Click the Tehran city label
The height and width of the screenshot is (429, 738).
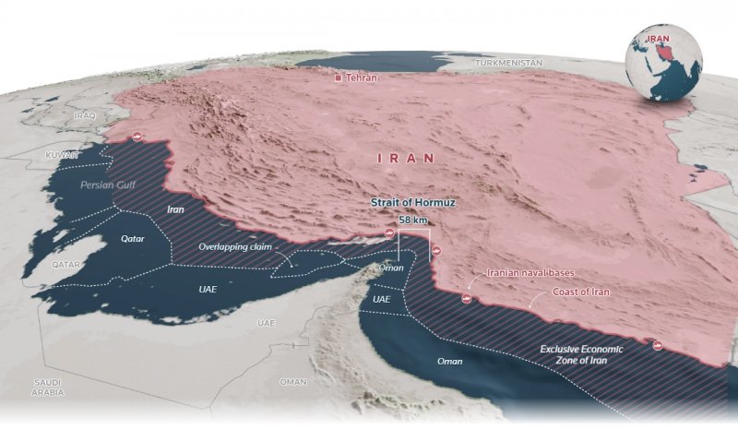362,78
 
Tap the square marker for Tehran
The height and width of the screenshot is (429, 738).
339,78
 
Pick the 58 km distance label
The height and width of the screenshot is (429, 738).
412,220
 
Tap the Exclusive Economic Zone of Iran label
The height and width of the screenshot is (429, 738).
582,355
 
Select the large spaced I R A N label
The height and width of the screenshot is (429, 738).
406,159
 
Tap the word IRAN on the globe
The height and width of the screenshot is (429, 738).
657,39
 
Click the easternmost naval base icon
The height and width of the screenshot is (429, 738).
659,346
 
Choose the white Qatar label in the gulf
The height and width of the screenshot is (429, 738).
135,238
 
